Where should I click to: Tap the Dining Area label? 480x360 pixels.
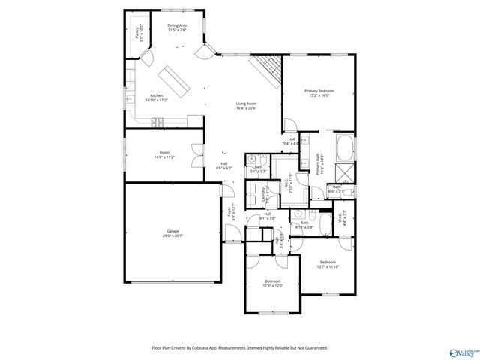point(177,25)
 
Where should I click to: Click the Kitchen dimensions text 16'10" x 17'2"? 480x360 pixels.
point(157,100)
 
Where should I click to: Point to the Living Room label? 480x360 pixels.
point(246,103)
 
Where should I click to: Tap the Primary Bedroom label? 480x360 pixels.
point(319,91)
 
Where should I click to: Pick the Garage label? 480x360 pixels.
point(172,231)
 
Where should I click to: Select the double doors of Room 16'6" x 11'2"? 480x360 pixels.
point(196,157)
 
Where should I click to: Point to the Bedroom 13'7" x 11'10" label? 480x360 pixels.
point(328,262)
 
